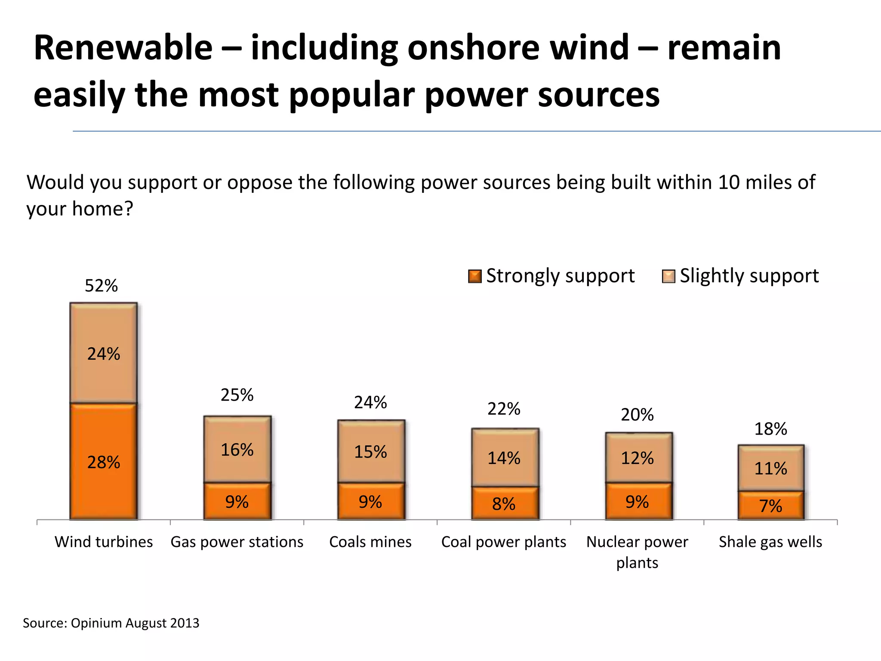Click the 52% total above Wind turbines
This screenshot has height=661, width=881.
tap(101, 286)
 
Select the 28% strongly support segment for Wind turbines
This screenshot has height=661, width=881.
tap(104, 462)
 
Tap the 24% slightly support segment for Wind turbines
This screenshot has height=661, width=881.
tap(104, 354)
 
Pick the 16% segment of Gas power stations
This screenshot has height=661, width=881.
tap(237, 450)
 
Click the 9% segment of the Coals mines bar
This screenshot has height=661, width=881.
tap(370, 502)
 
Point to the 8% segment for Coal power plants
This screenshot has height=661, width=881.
tap(504, 503)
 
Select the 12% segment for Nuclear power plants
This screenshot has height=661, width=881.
tap(637, 458)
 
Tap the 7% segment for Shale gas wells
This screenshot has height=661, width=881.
tap(770, 506)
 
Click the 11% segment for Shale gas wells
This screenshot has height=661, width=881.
tap(770, 468)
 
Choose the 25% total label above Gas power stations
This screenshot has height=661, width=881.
tap(237, 395)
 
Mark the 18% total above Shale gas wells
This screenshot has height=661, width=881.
tap(770, 429)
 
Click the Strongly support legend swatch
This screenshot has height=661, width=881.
tap(474, 276)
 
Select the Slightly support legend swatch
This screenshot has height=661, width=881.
tap(668, 276)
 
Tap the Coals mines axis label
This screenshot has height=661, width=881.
tap(370, 542)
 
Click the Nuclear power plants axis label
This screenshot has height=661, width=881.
tap(637, 552)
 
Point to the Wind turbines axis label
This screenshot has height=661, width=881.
tap(104, 542)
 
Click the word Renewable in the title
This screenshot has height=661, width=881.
tap(123, 48)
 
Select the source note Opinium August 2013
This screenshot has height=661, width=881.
tap(111, 623)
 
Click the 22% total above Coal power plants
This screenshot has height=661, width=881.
tap(504, 409)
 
